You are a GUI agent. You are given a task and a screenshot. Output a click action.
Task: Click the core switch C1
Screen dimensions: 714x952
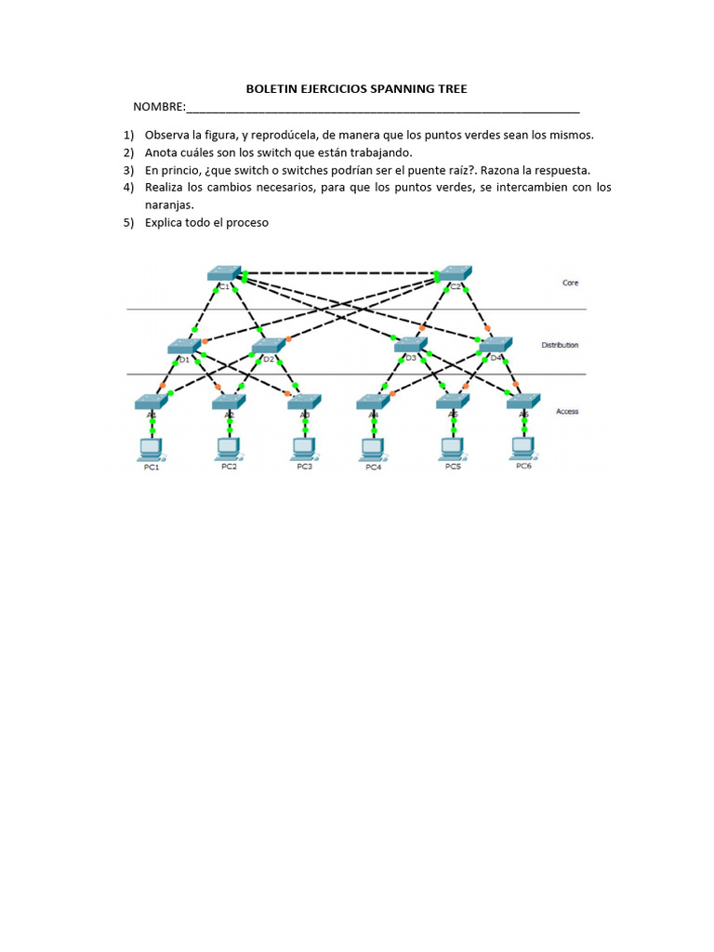point(224,272)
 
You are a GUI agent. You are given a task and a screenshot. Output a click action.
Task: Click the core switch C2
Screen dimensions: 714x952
point(455,271)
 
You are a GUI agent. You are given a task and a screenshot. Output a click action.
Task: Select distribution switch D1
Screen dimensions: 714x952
point(185,346)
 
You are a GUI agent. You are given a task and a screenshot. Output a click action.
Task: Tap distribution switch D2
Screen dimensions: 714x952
point(268,346)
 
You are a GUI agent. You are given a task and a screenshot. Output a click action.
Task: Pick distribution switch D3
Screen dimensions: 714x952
point(411,345)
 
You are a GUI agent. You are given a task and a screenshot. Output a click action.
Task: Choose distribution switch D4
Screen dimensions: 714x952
point(496,345)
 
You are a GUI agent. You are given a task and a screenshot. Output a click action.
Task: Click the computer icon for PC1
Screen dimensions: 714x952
point(151,448)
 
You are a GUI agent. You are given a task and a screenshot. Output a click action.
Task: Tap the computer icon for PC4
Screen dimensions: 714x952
point(373,448)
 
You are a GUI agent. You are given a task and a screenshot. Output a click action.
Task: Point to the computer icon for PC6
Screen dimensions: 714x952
point(523,448)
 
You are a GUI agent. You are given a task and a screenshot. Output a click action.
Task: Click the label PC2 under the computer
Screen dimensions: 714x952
point(229,467)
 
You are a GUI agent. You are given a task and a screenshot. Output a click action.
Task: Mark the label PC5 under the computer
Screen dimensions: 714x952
point(453,467)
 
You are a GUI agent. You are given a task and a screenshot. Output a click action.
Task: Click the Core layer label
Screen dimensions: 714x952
point(570,283)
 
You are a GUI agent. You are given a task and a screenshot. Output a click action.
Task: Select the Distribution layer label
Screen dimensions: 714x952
point(560,345)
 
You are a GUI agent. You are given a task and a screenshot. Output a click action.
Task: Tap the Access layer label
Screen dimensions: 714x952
point(567,410)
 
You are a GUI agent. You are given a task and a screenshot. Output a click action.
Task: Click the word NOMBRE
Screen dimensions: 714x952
point(159,107)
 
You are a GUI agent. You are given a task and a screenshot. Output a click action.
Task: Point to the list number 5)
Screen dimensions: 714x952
point(129,223)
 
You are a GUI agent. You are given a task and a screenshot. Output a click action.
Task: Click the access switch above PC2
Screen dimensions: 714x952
point(229,402)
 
